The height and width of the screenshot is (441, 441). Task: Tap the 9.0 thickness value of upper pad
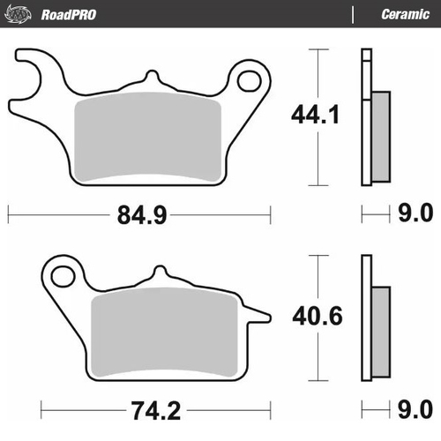(414, 213)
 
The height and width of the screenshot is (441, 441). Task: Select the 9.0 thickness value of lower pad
(414, 412)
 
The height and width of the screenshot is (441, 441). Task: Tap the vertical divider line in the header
(354, 14)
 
